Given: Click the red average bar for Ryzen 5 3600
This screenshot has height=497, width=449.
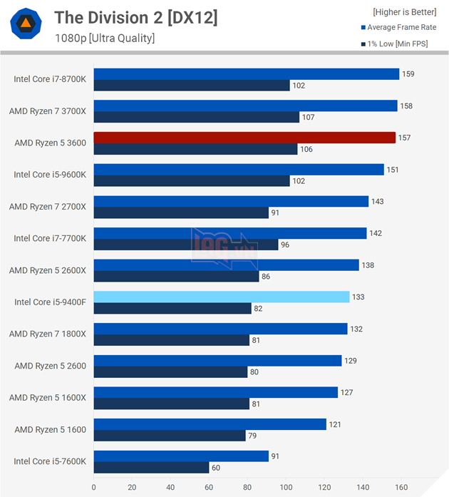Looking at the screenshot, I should (x=244, y=137).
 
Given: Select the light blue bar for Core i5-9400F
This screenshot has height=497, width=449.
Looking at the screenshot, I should (x=222, y=297).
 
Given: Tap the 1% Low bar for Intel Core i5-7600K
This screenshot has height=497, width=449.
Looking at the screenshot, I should (x=151, y=467).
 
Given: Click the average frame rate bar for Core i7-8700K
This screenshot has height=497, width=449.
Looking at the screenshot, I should (x=246, y=73).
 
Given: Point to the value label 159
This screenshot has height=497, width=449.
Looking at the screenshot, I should (x=408, y=73).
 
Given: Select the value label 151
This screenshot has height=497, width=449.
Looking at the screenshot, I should (x=393, y=169).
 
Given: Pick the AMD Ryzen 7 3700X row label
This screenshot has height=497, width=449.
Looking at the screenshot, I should (x=48, y=111).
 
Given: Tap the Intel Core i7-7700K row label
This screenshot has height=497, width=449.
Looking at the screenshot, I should (x=50, y=239).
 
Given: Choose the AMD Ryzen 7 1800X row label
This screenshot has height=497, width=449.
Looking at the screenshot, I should (x=48, y=334).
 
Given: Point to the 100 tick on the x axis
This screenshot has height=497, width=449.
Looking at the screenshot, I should (x=286, y=488).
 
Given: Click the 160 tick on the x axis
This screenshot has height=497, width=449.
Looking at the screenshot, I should (x=401, y=488).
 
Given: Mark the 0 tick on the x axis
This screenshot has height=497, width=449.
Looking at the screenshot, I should (x=94, y=488).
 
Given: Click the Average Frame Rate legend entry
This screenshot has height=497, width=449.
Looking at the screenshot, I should (x=401, y=27).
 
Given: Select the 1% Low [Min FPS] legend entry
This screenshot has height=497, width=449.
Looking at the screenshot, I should (x=401, y=44).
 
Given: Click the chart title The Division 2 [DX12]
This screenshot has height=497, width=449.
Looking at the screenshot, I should (x=136, y=18).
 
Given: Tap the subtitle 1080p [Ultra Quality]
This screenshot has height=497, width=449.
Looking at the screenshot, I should (x=105, y=38).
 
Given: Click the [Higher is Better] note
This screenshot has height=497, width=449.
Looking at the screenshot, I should (x=404, y=11).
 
